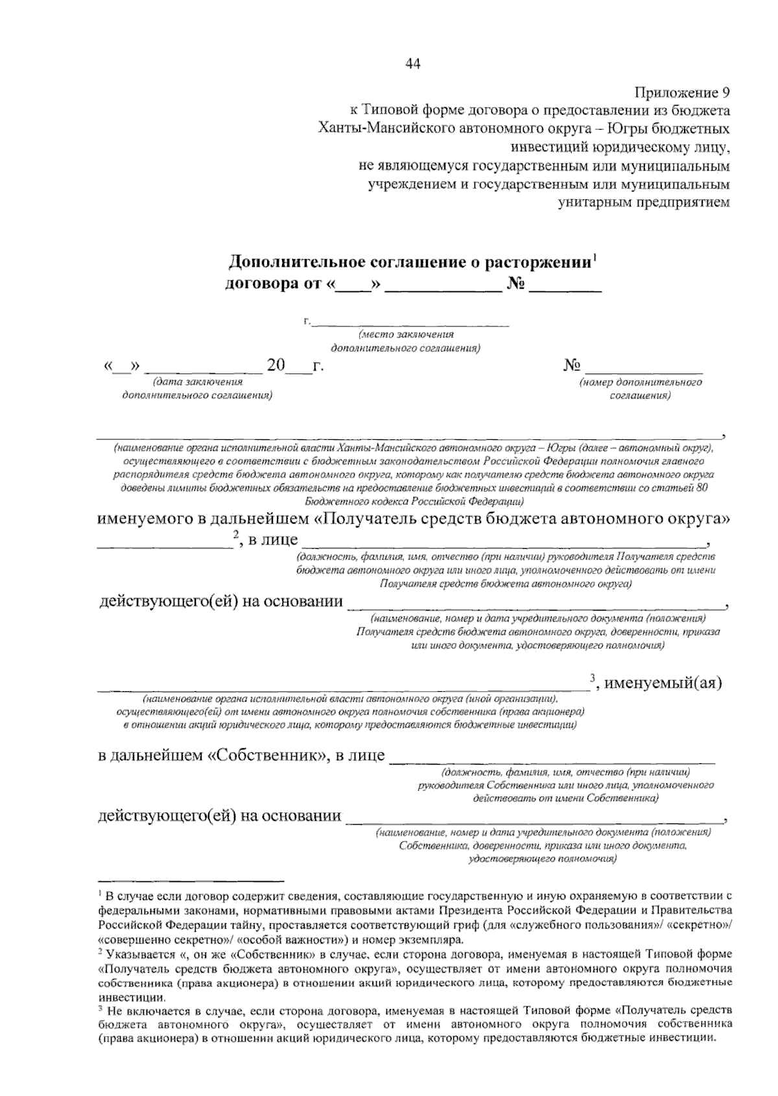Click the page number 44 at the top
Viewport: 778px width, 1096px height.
pos(413,63)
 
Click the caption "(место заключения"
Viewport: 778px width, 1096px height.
pos(406,334)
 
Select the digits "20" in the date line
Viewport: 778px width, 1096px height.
pos(276,366)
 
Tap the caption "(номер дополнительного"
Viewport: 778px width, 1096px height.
pos(641,382)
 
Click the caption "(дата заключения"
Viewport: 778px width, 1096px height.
pos(196,382)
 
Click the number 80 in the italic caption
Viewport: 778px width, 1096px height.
pos(700,489)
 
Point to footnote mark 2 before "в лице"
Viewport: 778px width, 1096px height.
pos(236,535)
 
